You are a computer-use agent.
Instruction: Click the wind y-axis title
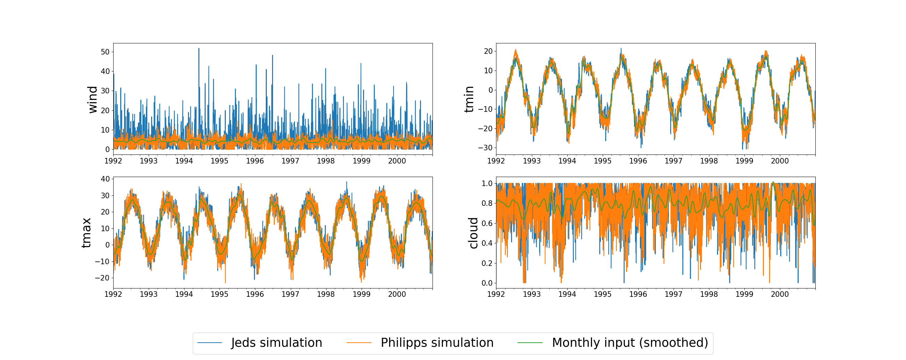click(x=92, y=100)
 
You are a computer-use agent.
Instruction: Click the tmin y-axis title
click(x=469, y=100)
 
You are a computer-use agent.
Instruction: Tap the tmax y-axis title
click(x=87, y=233)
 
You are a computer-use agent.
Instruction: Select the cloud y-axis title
click(x=473, y=233)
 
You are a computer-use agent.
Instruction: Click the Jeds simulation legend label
click(x=277, y=343)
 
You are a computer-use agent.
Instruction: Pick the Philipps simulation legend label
click(x=437, y=343)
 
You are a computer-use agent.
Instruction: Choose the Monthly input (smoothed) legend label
click(x=629, y=343)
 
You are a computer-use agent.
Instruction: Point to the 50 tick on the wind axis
click(x=105, y=52)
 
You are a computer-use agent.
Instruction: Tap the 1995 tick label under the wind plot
click(x=220, y=161)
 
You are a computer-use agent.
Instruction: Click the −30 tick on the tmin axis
click(x=485, y=148)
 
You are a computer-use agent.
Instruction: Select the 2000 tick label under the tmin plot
click(x=780, y=161)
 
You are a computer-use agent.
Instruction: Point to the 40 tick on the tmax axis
click(x=105, y=179)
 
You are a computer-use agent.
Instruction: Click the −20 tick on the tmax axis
click(x=102, y=278)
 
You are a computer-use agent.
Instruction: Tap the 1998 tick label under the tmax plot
click(x=326, y=294)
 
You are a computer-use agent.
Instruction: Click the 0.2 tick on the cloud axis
click(x=487, y=263)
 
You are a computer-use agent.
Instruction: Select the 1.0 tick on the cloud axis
click(x=487, y=184)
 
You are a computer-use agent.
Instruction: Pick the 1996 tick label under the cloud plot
click(x=638, y=294)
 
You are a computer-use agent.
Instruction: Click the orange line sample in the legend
click(x=359, y=343)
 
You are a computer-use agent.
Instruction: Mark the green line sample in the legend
click(x=530, y=343)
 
